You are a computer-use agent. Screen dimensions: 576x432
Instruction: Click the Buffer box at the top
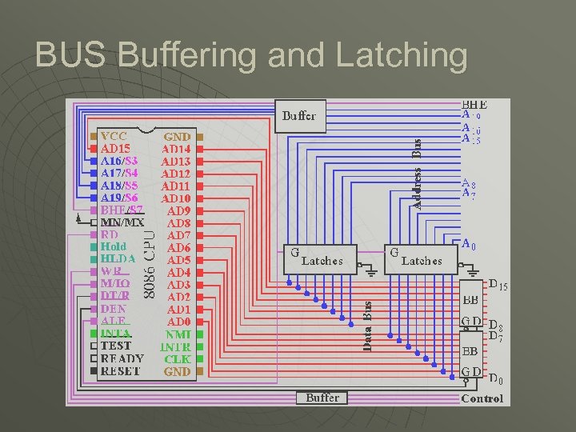(x=299, y=116)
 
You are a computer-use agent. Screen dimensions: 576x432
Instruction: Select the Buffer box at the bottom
(x=322, y=398)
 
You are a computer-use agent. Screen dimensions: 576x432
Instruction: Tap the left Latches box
(x=315, y=259)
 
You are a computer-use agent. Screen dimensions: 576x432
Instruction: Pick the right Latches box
(x=415, y=259)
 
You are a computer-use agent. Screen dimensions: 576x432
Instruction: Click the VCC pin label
(x=114, y=136)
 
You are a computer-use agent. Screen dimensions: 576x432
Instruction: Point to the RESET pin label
(x=121, y=371)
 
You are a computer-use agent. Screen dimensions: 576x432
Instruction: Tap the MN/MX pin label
(x=122, y=222)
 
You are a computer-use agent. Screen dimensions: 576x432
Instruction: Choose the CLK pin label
(x=178, y=359)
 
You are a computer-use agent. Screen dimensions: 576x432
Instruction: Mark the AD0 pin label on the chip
(x=178, y=321)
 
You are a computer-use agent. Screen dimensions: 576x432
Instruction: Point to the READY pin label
(x=122, y=359)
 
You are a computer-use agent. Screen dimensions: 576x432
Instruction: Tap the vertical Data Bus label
(x=367, y=326)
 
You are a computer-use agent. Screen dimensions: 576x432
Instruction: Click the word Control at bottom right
(x=482, y=398)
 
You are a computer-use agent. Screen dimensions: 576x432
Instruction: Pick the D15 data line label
(x=498, y=286)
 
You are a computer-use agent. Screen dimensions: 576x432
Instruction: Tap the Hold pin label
(x=114, y=247)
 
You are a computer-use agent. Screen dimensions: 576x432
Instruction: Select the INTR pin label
(x=176, y=346)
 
